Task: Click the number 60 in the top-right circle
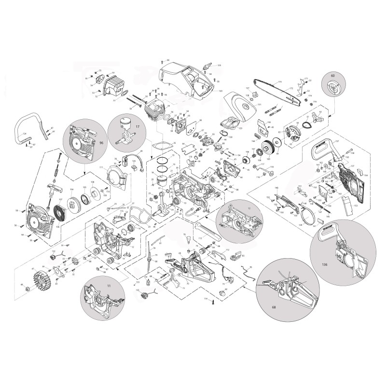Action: click(x=332, y=76)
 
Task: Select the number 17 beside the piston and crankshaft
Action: click(x=138, y=127)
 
